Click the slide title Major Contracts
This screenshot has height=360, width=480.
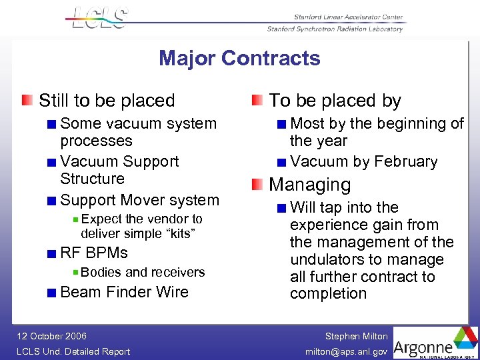(x=239, y=59)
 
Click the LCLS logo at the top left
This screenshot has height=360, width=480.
(x=99, y=17)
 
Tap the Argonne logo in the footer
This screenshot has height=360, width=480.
(x=435, y=342)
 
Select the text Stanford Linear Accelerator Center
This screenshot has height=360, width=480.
(x=349, y=17)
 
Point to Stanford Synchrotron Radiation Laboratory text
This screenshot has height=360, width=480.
(x=335, y=29)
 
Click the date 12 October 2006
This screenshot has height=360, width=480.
(x=52, y=336)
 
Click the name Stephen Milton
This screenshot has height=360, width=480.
(x=356, y=336)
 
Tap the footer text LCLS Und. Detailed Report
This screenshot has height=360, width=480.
(x=74, y=351)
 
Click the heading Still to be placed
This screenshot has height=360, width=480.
(x=107, y=101)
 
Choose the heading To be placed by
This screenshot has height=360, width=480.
(x=335, y=101)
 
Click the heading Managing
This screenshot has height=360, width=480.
(x=309, y=185)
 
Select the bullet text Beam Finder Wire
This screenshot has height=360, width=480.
(x=124, y=292)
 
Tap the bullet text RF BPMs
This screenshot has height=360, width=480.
(x=94, y=253)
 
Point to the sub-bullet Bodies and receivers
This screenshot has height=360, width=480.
(x=143, y=272)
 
